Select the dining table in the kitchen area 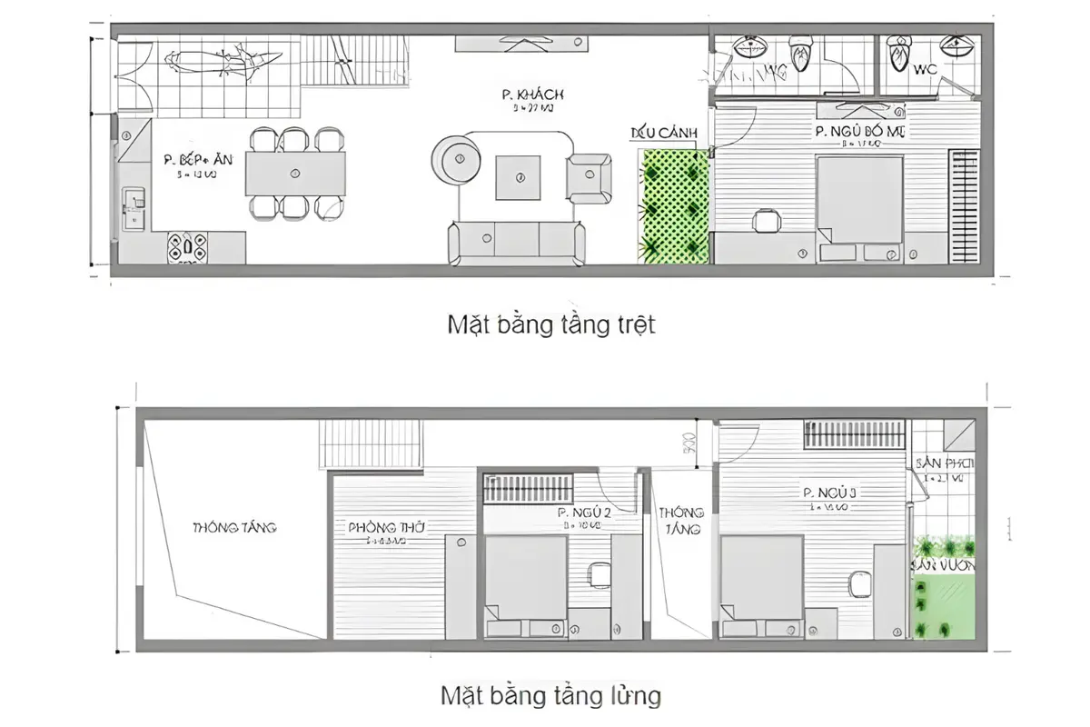(295, 173)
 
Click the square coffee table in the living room (520, 177)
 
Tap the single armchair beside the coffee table (589, 176)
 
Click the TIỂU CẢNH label (664, 134)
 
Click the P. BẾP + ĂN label (198, 159)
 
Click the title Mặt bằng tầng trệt (550, 325)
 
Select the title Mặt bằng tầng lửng (550, 697)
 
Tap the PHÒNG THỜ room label (386, 527)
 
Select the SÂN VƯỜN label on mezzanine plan (943, 564)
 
